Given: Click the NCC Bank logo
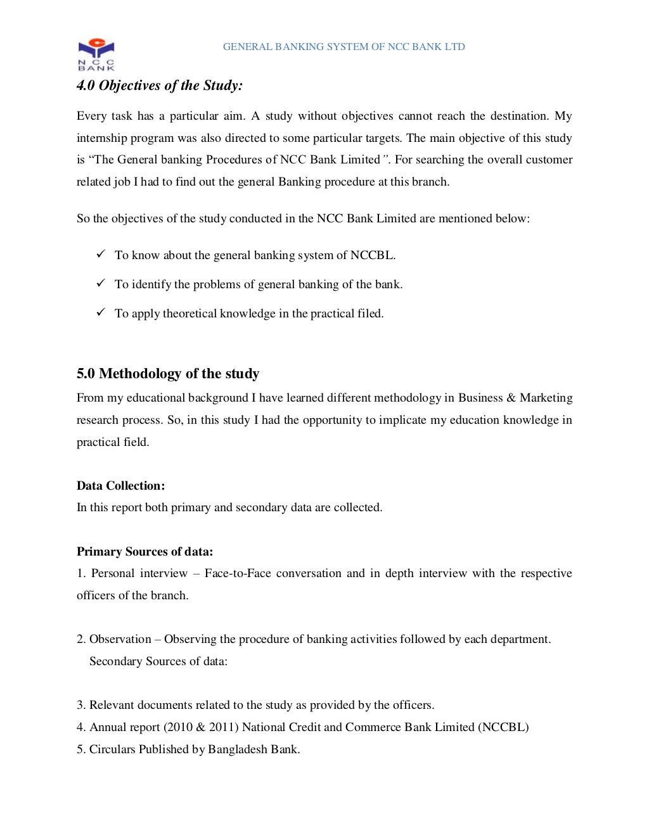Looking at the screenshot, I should click(x=96, y=54).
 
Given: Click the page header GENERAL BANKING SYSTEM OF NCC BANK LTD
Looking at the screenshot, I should click(x=344, y=47).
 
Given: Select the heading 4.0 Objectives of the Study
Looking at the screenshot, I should click(x=159, y=86).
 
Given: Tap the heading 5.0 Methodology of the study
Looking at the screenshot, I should click(x=168, y=374).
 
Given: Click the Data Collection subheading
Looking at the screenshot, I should click(x=120, y=486).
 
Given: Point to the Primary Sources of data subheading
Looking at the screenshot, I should click(x=145, y=552).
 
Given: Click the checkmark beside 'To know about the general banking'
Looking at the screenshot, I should click(x=100, y=254).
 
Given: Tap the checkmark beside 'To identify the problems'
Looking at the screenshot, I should click(x=100, y=283).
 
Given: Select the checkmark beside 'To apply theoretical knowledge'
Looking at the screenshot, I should click(x=100, y=312).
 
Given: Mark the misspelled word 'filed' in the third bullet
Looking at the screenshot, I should click(x=369, y=314).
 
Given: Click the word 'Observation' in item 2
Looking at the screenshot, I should click(x=120, y=639).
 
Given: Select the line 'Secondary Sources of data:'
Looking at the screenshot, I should click(x=158, y=661).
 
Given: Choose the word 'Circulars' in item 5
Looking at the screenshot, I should click(x=112, y=749).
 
